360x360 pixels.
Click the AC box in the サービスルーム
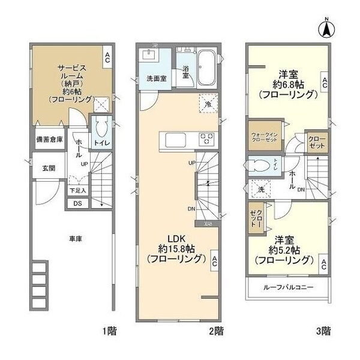pyautogui.click(x=107, y=58)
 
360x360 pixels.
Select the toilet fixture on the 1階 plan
pyautogui.click(x=100, y=127)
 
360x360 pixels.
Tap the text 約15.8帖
pyautogui.click(x=178, y=248)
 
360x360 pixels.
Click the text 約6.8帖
pyautogui.click(x=287, y=84)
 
